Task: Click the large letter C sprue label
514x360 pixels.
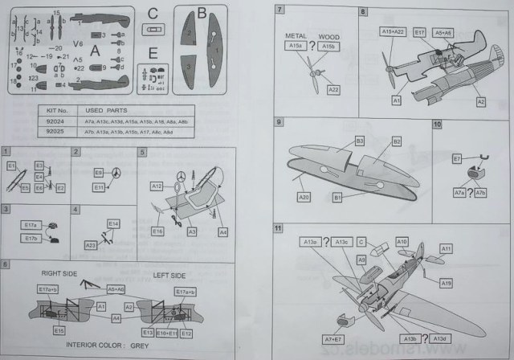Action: [153, 13]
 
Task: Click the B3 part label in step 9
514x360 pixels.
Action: [337, 141]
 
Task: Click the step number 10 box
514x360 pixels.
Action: [438, 125]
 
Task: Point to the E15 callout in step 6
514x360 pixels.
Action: [59, 329]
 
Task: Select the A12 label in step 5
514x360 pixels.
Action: [157, 186]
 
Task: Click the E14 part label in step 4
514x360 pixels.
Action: [112, 223]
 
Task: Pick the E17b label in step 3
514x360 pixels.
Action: [31, 239]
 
